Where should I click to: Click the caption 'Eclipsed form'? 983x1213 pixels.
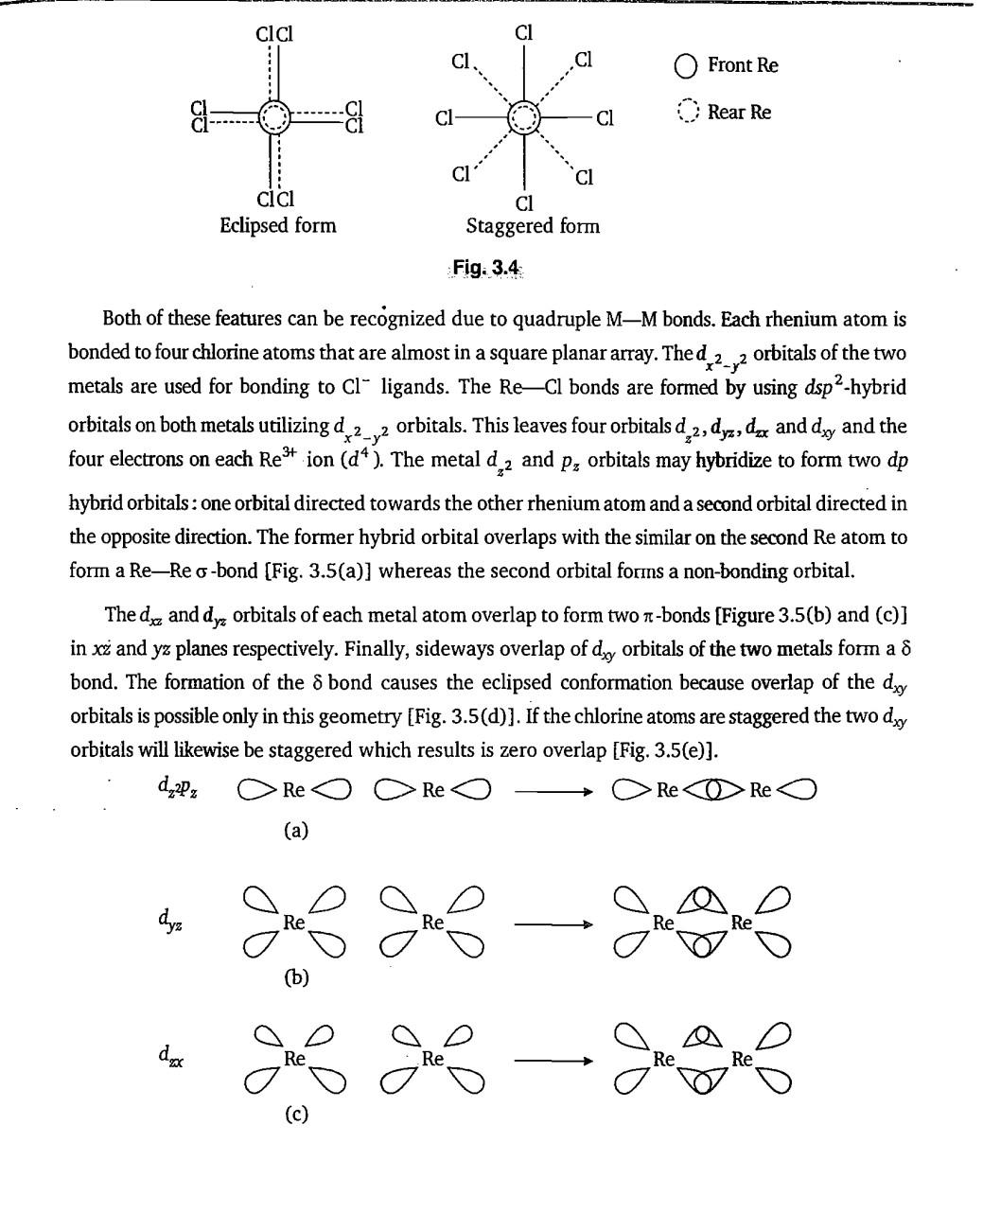click(277, 225)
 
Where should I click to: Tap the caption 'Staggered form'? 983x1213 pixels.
click(532, 226)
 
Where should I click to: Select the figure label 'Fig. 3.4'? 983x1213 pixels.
click(485, 268)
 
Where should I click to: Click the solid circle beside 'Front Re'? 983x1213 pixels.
click(687, 65)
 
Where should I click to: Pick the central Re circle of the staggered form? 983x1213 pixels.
click(523, 118)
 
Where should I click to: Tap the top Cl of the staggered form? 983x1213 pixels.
click(524, 33)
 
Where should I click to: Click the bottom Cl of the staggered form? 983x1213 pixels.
click(524, 202)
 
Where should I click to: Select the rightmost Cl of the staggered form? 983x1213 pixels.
click(605, 118)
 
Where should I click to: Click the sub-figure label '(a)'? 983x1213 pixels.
click(296, 831)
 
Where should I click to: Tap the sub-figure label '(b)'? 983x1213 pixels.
click(296, 976)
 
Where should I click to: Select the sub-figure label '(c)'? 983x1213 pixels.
click(296, 1114)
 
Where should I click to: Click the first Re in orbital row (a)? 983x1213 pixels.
click(293, 789)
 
